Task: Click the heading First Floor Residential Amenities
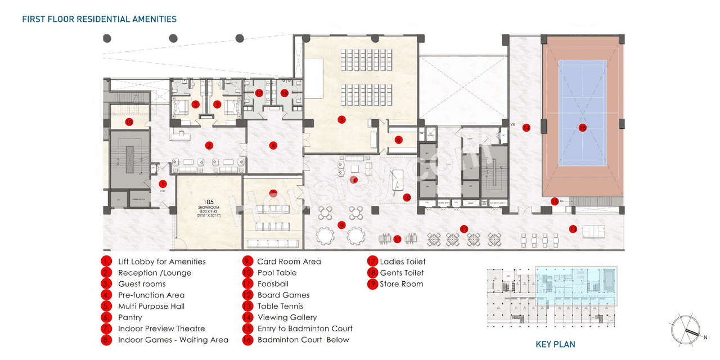click(x=99, y=19)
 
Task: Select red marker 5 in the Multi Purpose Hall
click(x=341, y=119)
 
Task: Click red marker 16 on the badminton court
click(x=583, y=128)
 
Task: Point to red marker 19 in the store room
click(x=129, y=121)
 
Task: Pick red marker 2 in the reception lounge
click(x=209, y=145)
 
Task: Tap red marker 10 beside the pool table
click(x=407, y=197)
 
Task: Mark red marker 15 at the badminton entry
click(x=554, y=201)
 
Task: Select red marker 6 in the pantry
click(x=398, y=139)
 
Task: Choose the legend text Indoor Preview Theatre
click(x=161, y=328)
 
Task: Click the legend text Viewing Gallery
click(x=287, y=317)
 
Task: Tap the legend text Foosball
click(x=273, y=284)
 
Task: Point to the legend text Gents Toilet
click(x=402, y=273)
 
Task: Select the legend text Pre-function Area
click(x=151, y=295)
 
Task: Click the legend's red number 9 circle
click(x=247, y=262)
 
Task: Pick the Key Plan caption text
click(x=555, y=344)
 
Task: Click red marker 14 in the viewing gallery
click(x=526, y=127)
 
